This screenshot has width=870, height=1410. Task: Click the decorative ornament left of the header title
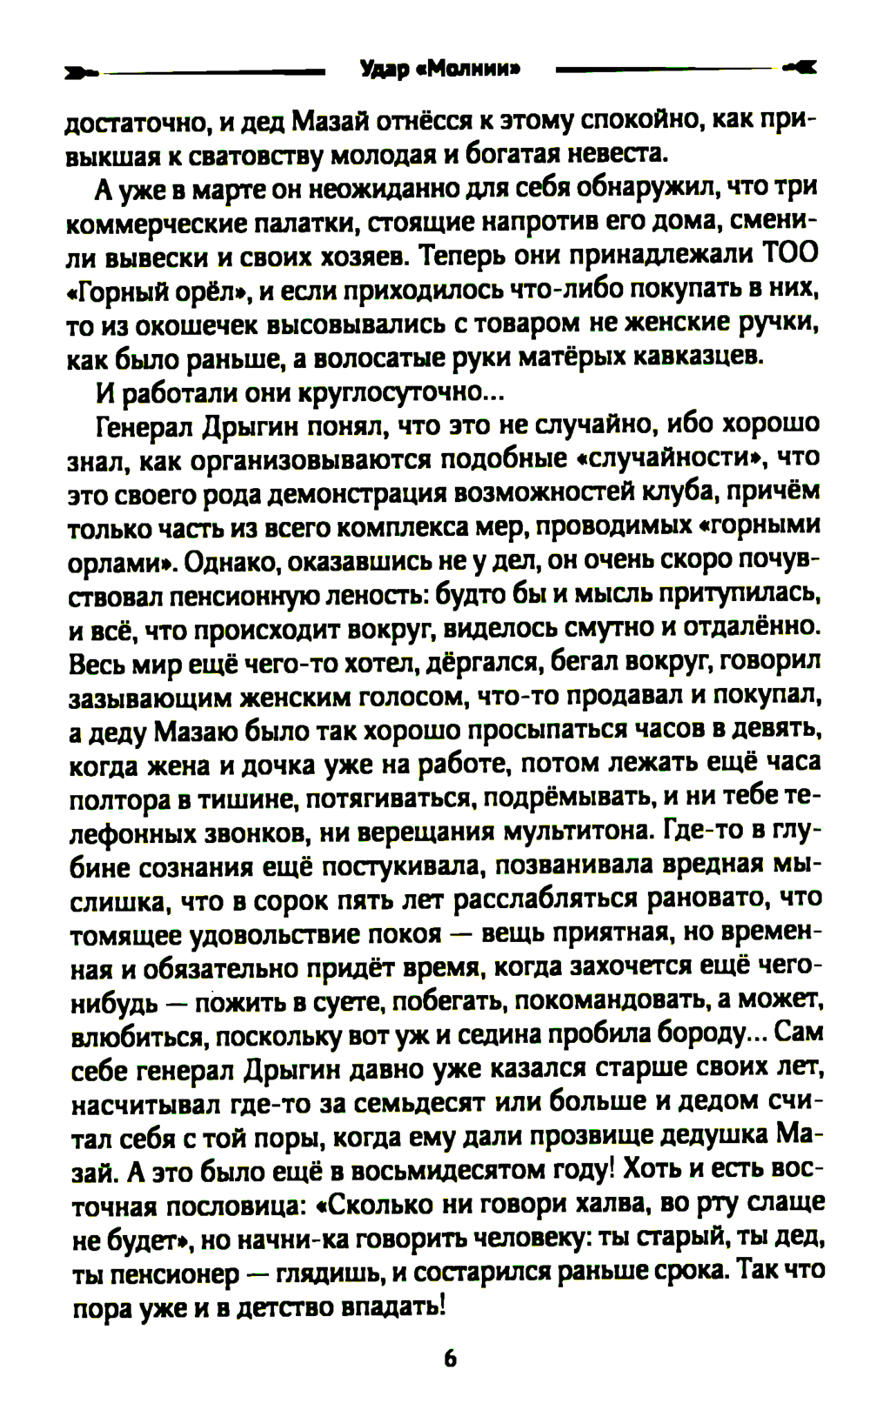[x=82, y=71]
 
